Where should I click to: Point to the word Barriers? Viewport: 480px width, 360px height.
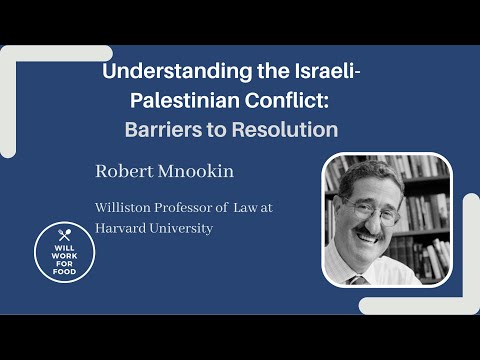[x=164, y=129]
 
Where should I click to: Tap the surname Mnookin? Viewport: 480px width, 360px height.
[x=197, y=171]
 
